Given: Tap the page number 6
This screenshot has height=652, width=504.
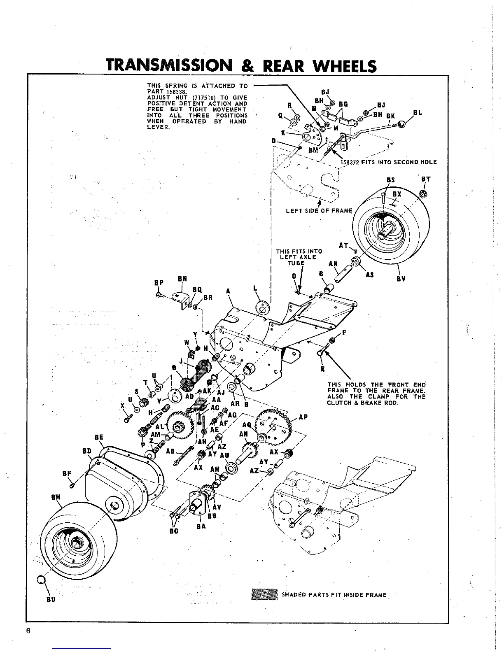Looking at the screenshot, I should tap(28, 631).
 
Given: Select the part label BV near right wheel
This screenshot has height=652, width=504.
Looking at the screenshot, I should tap(401, 279).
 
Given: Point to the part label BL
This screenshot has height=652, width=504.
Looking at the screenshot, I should tap(418, 112).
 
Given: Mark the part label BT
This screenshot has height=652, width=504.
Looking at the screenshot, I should tap(426, 179).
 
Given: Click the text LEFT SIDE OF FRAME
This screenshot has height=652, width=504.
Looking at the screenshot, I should tap(319, 211).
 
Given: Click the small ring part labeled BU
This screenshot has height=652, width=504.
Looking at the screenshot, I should tap(41, 580).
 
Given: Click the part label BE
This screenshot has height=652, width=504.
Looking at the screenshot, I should tap(98, 437).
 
